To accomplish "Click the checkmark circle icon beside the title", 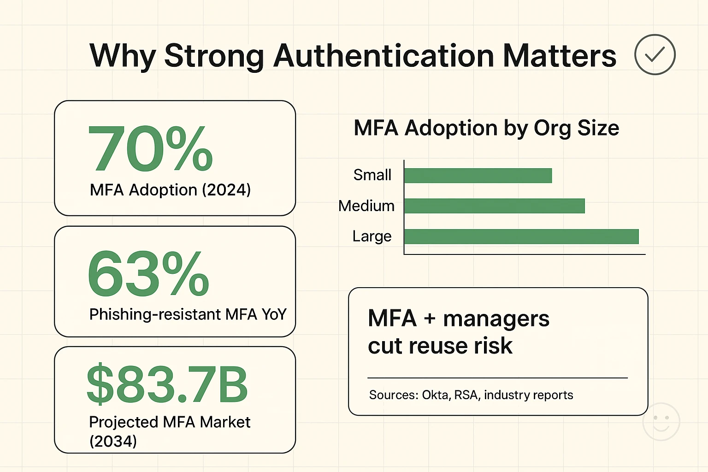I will [655, 54].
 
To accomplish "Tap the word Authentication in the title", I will [383, 56].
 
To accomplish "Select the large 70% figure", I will [150, 149].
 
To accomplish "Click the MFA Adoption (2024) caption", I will [170, 190].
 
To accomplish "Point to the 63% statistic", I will [148, 274].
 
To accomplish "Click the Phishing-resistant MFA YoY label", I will [188, 314].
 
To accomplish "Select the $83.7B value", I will [167, 384].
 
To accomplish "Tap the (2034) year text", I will [113, 441].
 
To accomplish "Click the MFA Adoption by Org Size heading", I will [486, 128].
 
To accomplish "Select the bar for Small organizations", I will [478, 176].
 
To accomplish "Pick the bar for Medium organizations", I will [495, 206].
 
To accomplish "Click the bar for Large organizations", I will [521, 236].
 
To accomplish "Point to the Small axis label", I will [372, 175].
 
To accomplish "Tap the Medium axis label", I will [366, 206].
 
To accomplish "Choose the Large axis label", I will [372, 236].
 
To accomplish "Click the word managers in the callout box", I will [496, 319].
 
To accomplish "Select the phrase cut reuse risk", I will [440, 346].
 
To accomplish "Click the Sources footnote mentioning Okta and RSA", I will [471, 395].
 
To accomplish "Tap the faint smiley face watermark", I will [661, 422].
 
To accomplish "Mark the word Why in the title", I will [123, 56].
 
